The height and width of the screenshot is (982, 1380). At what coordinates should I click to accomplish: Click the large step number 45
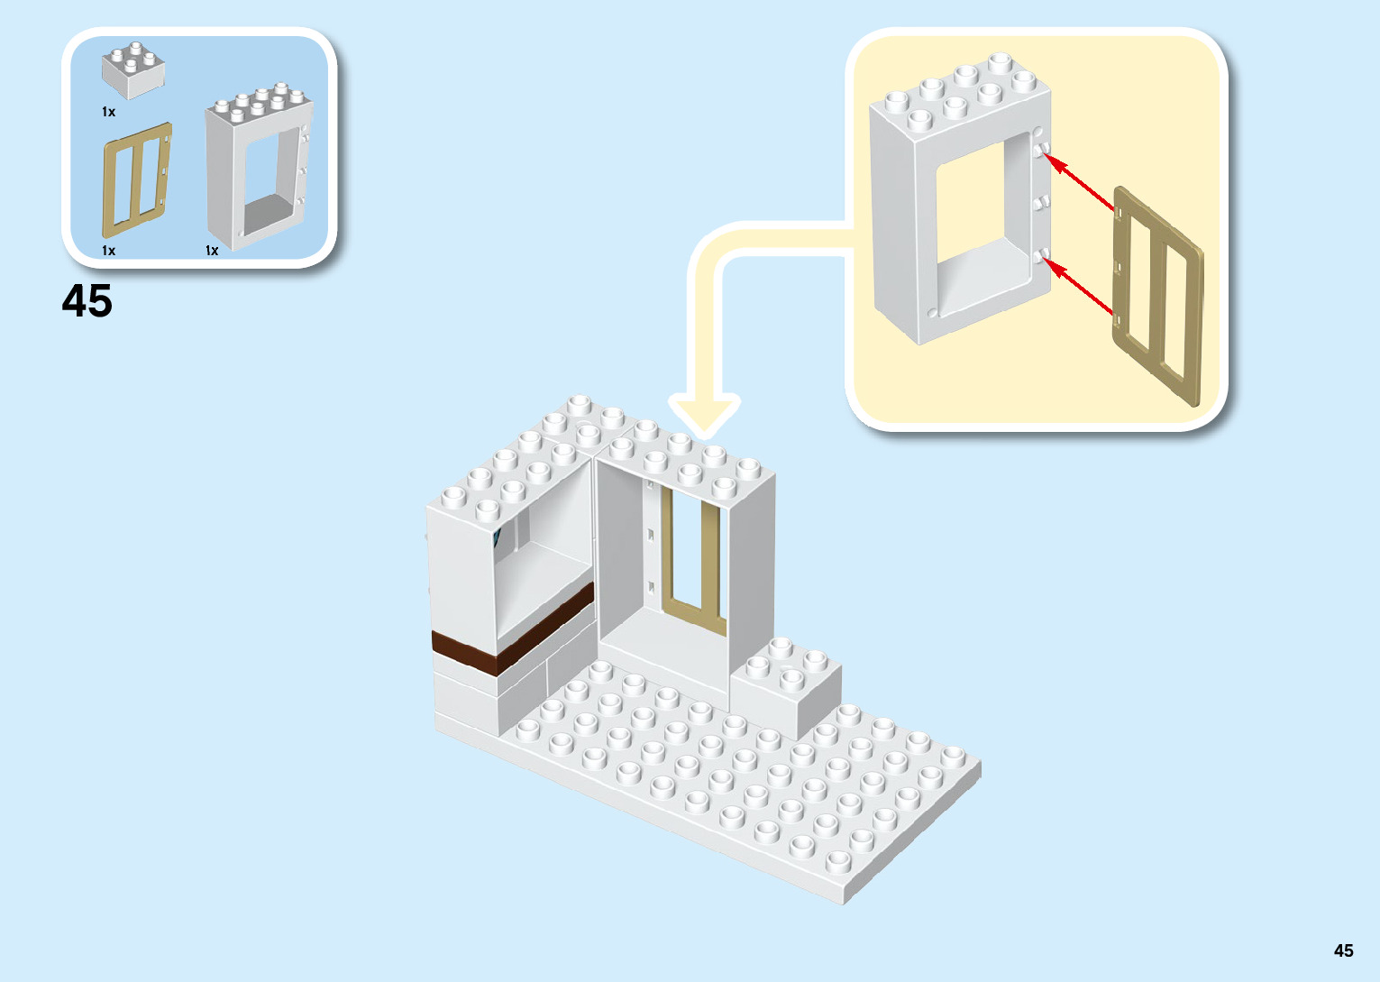point(87,301)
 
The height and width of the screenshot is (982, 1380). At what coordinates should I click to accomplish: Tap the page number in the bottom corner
point(1343,950)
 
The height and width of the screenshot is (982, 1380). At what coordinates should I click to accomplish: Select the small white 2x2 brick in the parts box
point(133,71)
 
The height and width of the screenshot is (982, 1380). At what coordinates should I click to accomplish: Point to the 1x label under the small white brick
point(108,112)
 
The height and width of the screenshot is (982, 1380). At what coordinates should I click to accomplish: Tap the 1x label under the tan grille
point(108,251)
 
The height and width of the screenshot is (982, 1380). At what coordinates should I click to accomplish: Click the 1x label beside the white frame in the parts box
point(212,251)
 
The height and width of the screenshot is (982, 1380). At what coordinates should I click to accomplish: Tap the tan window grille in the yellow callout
point(1158,296)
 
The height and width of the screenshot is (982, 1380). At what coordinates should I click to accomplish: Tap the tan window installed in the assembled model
point(692,559)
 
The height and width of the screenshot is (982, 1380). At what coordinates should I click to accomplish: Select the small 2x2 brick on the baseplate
point(786,690)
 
